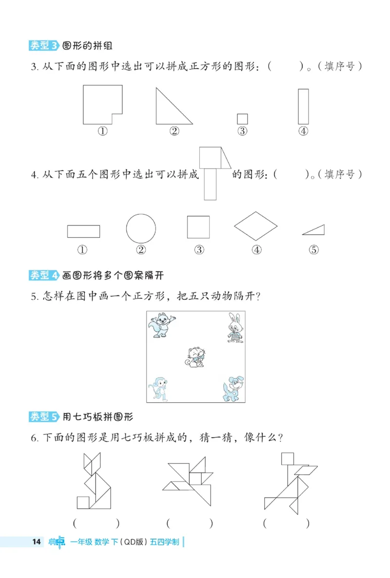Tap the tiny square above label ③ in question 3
click(x=242, y=119)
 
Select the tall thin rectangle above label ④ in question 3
click(x=303, y=106)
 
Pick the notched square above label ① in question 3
click(x=100, y=103)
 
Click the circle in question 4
click(x=141, y=228)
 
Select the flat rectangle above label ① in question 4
click(x=83, y=231)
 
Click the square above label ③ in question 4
click(x=198, y=227)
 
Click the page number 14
click(x=35, y=542)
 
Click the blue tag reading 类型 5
click(x=44, y=417)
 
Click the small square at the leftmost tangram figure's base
click(x=83, y=502)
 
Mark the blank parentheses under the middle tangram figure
click(x=190, y=523)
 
